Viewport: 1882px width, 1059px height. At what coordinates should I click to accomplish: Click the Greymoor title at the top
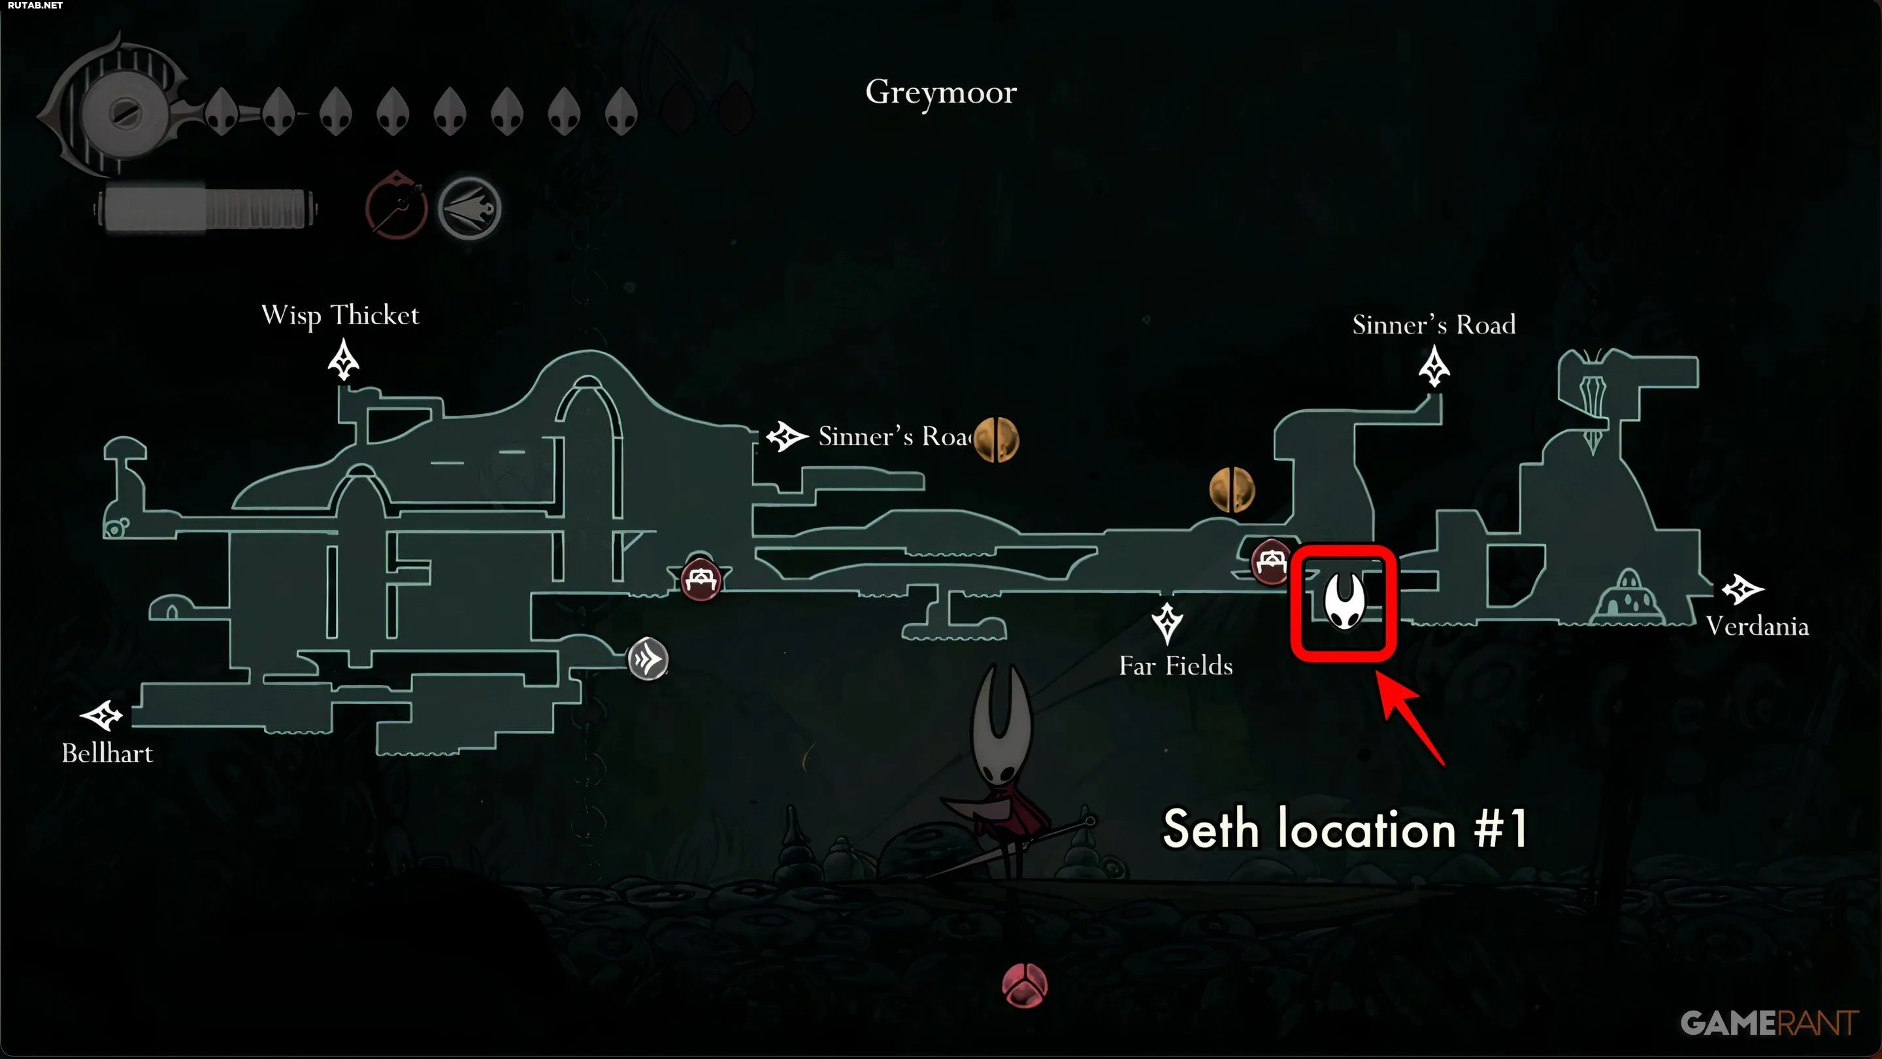click(941, 93)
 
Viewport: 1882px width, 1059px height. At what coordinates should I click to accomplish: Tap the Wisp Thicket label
click(340, 316)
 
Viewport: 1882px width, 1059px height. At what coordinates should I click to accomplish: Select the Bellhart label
click(107, 753)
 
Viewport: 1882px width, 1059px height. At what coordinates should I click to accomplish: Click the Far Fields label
click(1176, 665)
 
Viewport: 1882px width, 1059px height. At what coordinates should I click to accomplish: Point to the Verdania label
click(1757, 626)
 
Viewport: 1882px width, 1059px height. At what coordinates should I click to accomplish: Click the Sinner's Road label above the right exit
click(1434, 324)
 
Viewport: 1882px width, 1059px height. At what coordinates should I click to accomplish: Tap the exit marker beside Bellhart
click(101, 716)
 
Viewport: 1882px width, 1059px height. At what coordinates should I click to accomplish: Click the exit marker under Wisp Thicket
click(343, 360)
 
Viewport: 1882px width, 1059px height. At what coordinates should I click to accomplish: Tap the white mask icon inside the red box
click(1344, 600)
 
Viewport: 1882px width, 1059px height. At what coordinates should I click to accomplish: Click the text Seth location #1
click(1344, 829)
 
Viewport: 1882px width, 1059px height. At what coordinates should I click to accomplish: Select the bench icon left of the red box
click(1272, 562)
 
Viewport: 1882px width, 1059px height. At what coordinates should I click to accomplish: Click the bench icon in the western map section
click(701, 580)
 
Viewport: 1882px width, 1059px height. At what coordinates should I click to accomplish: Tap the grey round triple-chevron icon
click(648, 659)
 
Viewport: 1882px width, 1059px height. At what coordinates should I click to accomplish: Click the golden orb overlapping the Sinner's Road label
click(996, 439)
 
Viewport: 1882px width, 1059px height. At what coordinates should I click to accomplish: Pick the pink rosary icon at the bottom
click(1024, 985)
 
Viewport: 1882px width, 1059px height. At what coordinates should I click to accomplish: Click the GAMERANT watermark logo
click(1770, 1023)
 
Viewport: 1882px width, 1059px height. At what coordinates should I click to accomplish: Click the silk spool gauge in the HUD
click(205, 210)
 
